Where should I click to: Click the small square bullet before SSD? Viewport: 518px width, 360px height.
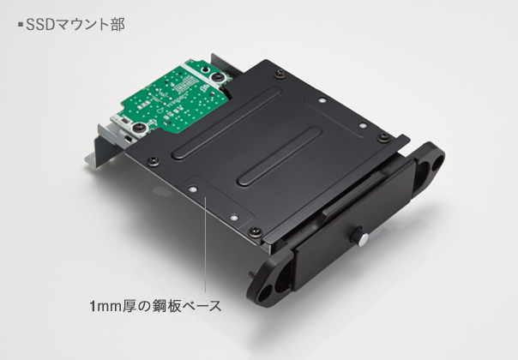21,25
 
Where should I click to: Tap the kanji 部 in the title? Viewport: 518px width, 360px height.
117,25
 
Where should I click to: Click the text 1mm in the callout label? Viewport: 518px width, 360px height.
106,306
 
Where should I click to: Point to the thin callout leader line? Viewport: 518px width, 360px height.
205,244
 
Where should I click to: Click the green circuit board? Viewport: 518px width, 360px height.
172,97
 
